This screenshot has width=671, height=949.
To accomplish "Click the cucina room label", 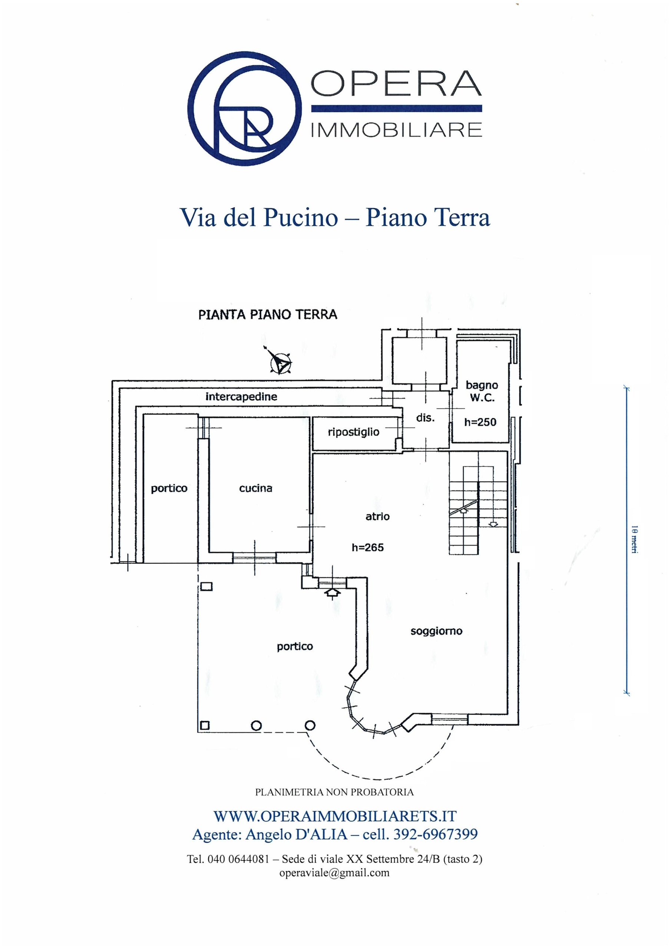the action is (255, 488).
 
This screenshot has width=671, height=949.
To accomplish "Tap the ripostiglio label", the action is (354, 432).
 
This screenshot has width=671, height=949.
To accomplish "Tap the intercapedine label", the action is (241, 397).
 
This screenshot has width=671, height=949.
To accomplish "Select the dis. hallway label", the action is (425, 418).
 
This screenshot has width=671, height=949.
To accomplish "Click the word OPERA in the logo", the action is (396, 83).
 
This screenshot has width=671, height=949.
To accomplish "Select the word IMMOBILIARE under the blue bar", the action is (396, 130).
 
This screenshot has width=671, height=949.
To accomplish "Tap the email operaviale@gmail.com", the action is (334, 873).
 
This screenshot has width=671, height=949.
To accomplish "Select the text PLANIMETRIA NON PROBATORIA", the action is (334, 792).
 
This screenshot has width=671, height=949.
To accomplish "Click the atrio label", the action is (377, 516).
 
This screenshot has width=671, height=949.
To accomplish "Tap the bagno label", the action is (482, 385).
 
